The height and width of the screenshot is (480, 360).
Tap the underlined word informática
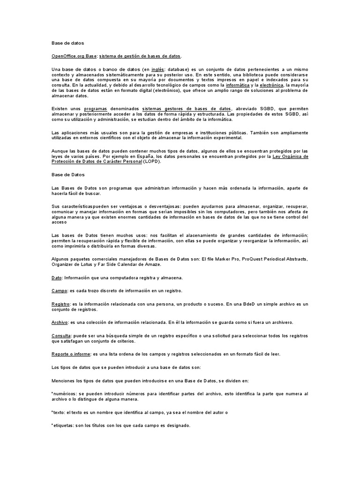[238, 86]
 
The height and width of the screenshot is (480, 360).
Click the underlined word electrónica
[271, 86]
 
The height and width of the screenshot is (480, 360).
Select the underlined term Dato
[56, 278]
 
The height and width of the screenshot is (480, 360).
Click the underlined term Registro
[60, 304]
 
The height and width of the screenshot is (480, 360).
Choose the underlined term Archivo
[60, 322]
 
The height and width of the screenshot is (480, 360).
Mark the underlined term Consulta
[61, 336]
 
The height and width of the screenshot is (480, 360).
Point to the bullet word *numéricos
[65, 393]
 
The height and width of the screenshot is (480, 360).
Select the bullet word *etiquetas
[62, 425]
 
